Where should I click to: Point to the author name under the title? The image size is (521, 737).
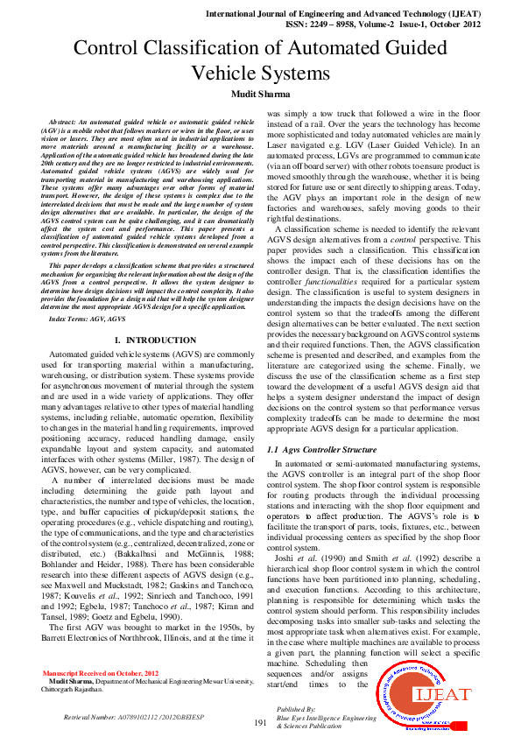coord(260,94)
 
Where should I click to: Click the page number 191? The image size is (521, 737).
coord(260,722)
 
